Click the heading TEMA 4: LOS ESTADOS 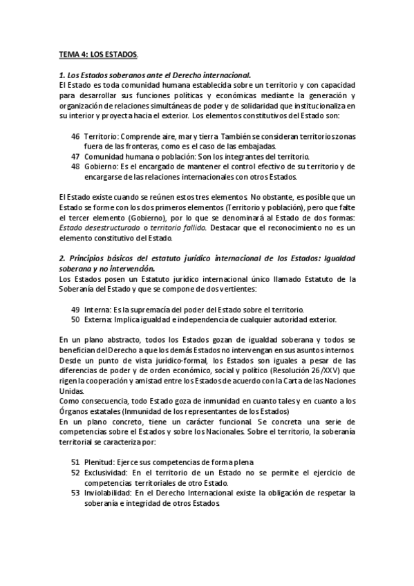97,54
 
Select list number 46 75,137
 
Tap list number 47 75,157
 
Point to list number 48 75,167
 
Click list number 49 75,309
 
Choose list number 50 75,319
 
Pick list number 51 75,462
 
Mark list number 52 75,472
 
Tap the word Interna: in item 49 100,309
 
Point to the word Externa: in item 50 102,319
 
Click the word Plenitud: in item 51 102,462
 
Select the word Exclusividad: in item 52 108,472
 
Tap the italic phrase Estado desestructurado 99,227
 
